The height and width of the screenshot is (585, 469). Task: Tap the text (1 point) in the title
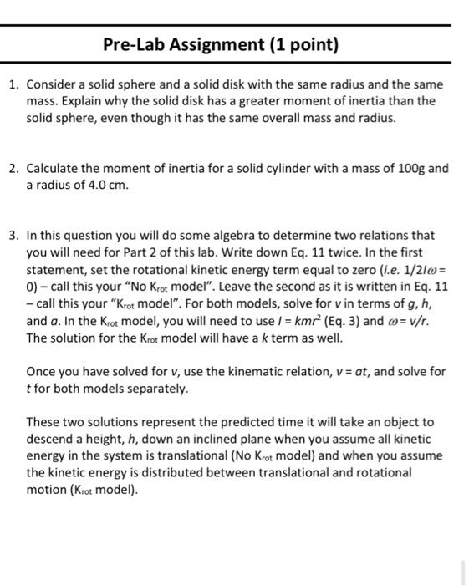(297, 44)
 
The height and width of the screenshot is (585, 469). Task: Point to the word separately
(160, 388)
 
